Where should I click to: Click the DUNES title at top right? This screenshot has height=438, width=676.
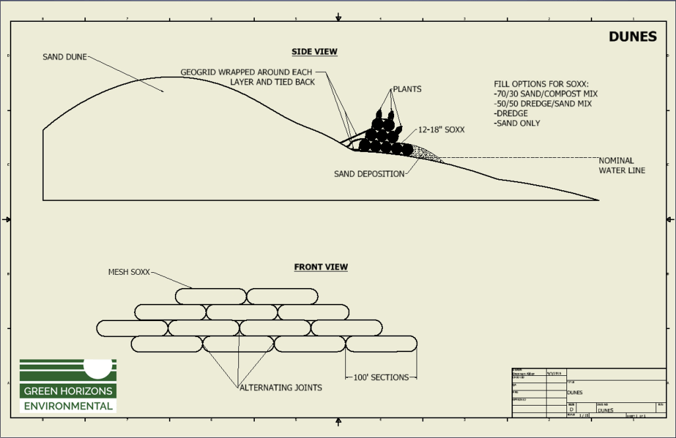pos(632,36)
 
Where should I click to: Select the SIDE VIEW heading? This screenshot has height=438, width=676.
pos(314,52)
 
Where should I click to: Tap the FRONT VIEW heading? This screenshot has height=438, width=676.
pos(321,267)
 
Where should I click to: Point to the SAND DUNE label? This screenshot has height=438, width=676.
pos(65,57)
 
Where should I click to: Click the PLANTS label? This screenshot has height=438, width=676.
pos(407,89)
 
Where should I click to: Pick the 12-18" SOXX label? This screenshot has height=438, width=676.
pos(440,129)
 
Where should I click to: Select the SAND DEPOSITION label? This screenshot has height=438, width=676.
pos(369,174)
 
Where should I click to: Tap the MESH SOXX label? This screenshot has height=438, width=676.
pos(129,272)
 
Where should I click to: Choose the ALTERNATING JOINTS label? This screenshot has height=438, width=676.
pos(280,387)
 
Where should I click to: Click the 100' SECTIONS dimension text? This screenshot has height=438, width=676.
pos(382,377)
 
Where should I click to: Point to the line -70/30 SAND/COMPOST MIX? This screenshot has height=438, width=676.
pos(545,94)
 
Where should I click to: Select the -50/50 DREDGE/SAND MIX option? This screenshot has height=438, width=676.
pos(543,104)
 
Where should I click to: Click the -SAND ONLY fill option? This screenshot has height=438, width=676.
pos(517,123)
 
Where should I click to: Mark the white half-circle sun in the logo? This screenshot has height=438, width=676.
pos(98,365)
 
